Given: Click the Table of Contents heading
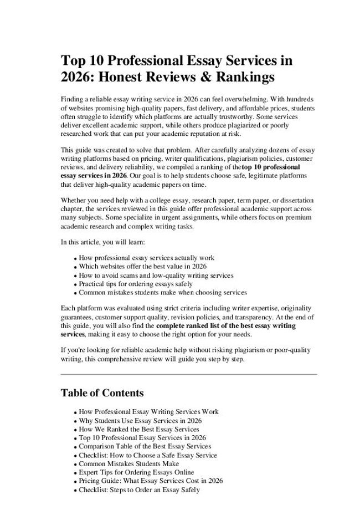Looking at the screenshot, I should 102,393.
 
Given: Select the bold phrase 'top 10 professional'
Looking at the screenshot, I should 271,166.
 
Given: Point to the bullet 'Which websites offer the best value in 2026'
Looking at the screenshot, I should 142,267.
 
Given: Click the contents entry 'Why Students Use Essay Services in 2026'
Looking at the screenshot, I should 140,421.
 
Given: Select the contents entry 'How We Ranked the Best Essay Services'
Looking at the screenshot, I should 138,429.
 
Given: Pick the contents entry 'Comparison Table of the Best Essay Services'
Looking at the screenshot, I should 145,446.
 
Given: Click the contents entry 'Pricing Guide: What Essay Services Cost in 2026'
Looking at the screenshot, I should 151,481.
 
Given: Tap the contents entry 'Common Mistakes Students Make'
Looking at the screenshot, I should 128,463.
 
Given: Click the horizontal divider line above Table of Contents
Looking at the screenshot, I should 188,375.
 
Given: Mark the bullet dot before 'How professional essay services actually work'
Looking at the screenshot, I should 75,259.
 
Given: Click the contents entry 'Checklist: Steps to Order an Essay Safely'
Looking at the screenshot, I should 139,490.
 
